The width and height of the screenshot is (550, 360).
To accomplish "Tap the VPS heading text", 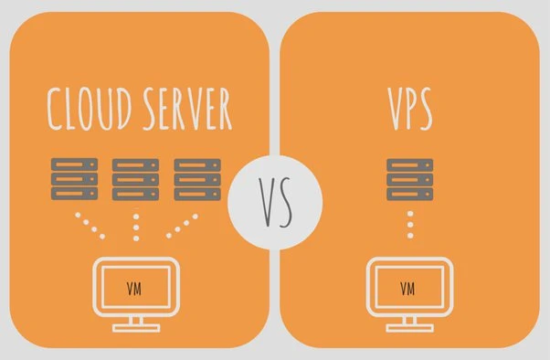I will (408, 110).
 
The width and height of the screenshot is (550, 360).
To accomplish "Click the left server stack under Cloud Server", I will (74, 180).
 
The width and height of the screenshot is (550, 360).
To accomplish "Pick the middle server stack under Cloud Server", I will (135, 180).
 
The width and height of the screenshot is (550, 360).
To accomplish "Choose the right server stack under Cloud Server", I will (196, 180).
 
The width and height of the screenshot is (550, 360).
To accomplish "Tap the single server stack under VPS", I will (409, 180).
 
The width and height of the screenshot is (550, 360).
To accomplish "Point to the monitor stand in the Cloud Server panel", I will (135, 323).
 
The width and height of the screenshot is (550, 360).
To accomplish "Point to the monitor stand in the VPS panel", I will (408, 323).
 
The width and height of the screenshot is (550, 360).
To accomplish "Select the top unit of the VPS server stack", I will (409, 165).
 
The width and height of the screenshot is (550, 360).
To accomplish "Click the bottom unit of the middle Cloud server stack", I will (135, 195).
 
